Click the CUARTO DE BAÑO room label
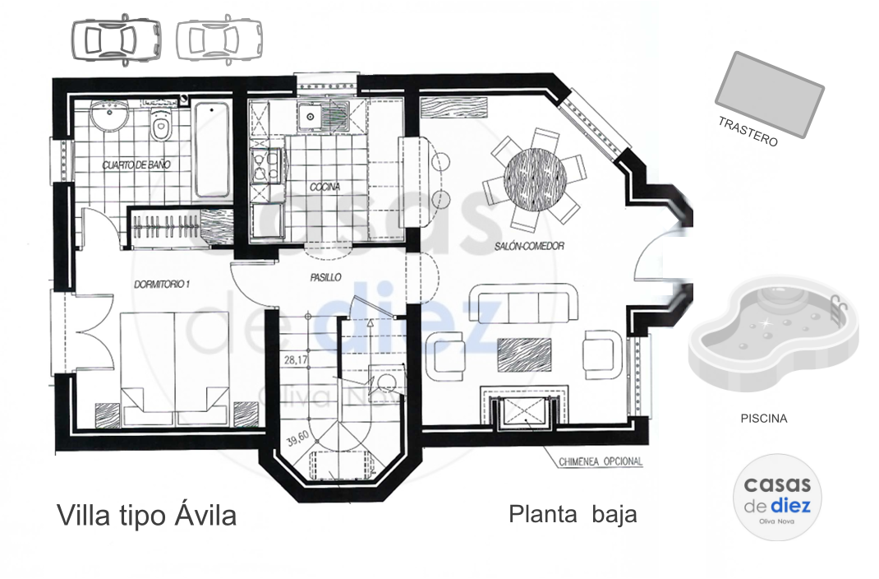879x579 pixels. [136, 165]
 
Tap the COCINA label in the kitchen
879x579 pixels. [325, 187]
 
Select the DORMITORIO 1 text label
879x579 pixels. [162, 285]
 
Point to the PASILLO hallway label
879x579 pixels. [325, 277]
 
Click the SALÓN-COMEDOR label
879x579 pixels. [529, 246]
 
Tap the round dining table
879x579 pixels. [536, 178]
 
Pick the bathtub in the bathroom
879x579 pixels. [212, 149]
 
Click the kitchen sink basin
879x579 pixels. [310, 118]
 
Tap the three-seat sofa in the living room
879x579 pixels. [523, 303]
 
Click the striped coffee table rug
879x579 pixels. [524, 355]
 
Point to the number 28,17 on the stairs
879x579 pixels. [296, 360]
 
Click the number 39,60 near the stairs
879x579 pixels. [297, 438]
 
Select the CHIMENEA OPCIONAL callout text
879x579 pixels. [601, 461]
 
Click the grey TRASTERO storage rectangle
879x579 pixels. [770, 95]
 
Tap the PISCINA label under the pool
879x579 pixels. [763, 419]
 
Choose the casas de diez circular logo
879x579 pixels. [777, 497]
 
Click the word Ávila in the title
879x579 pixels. [205, 515]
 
